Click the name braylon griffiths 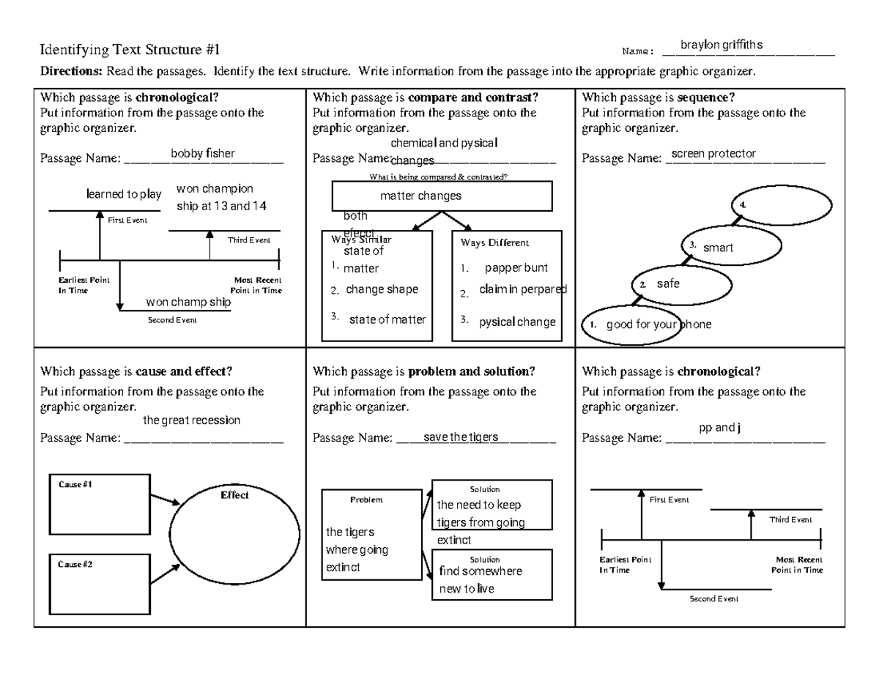coord(721,45)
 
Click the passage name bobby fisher coord(203,153)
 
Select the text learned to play coord(124,194)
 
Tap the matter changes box coord(442,196)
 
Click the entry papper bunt coord(516,268)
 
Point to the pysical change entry coord(517,322)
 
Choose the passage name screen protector coord(713,153)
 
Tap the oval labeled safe coord(681,284)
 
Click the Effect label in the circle coord(234,495)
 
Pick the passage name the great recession coord(191,420)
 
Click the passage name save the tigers coord(461,437)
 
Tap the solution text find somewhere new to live coord(480,580)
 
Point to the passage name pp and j coord(720,428)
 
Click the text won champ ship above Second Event coord(188,303)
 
